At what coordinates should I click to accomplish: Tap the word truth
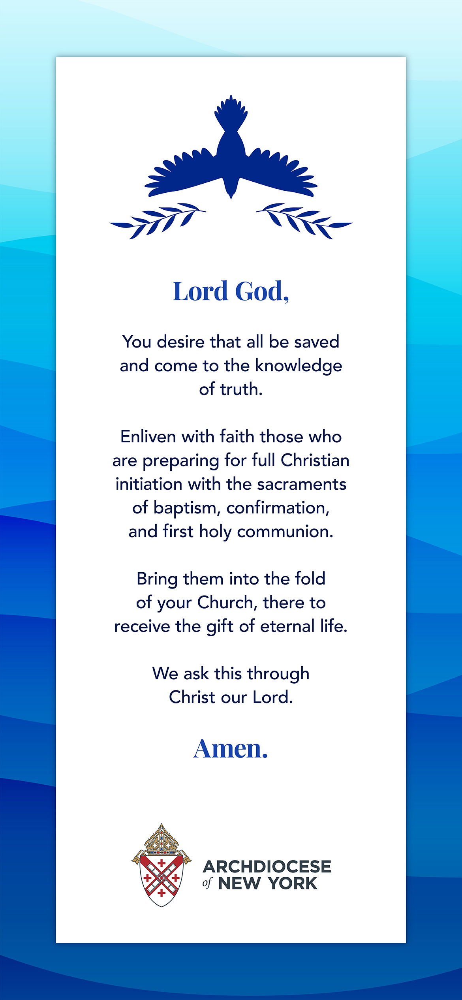point(241,389)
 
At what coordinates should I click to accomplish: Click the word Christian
point(315,461)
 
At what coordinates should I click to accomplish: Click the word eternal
point(287,626)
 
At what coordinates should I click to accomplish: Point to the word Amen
point(231,749)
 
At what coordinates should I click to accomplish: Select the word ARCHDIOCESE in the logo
point(267,867)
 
